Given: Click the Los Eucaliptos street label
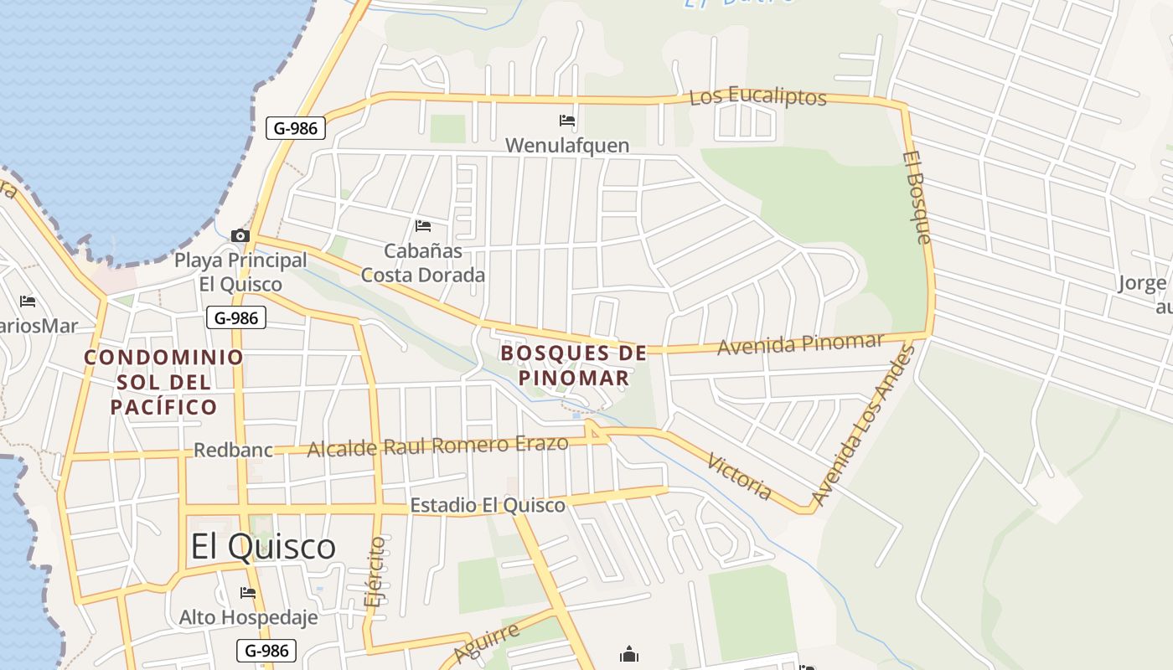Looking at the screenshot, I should pyautogui.click(x=757, y=96).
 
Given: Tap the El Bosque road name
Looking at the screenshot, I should pyautogui.click(x=917, y=198).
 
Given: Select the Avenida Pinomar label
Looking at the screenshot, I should pyautogui.click(x=800, y=343).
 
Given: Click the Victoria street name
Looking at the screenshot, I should pyautogui.click(x=739, y=476).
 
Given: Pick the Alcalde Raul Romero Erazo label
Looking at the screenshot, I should pyautogui.click(x=437, y=446).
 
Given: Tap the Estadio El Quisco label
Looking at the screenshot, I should pyautogui.click(x=487, y=506).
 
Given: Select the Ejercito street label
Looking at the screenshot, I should pyautogui.click(x=376, y=571).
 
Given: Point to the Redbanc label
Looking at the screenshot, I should pyautogui.click(x=233, y=451).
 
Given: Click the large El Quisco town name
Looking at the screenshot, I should pyautogui.click(x=263, y=547).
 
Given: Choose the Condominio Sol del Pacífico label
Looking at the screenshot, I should pyautogui.click(x=163, y=382).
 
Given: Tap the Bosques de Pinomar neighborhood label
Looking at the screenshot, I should pyautogui.click(x=574, y=365).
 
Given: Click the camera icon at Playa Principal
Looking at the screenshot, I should pyautogui.click(x=240, y=235).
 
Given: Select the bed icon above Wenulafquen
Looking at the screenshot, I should pyautogui.click(x=567, y=121).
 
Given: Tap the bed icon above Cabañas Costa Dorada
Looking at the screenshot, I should pyautogui.click(x=423, y=225).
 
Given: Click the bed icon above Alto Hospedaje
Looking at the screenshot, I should pyautogui.click(x=248, y=593).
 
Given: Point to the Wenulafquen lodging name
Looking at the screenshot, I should pyautogui.click(x=567, y=146).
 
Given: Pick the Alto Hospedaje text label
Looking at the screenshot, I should pyautogui.click(x=248, y=618).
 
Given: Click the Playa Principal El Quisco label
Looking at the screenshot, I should pyautogui.click(x=240, y=272).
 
